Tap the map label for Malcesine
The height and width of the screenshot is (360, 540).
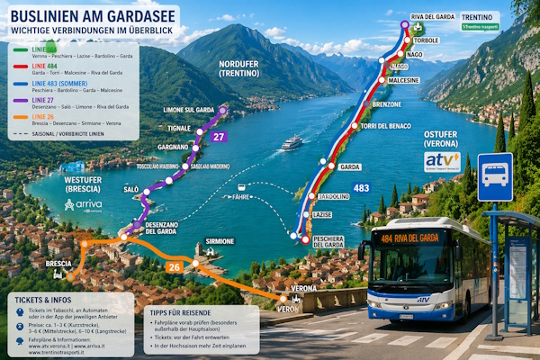[x=405, y=80]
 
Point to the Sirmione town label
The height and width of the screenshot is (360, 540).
[x=220, y=242]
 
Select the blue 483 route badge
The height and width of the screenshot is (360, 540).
[x=361, y=188]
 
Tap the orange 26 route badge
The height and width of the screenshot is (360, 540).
[x=175, y=266]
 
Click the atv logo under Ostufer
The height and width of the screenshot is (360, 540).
[x=442, y=161]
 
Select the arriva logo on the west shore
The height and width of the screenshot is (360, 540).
[x=83, y=206]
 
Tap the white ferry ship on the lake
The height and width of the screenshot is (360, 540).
[x=292, y=142]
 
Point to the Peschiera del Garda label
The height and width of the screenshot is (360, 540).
[x=328, y=240]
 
